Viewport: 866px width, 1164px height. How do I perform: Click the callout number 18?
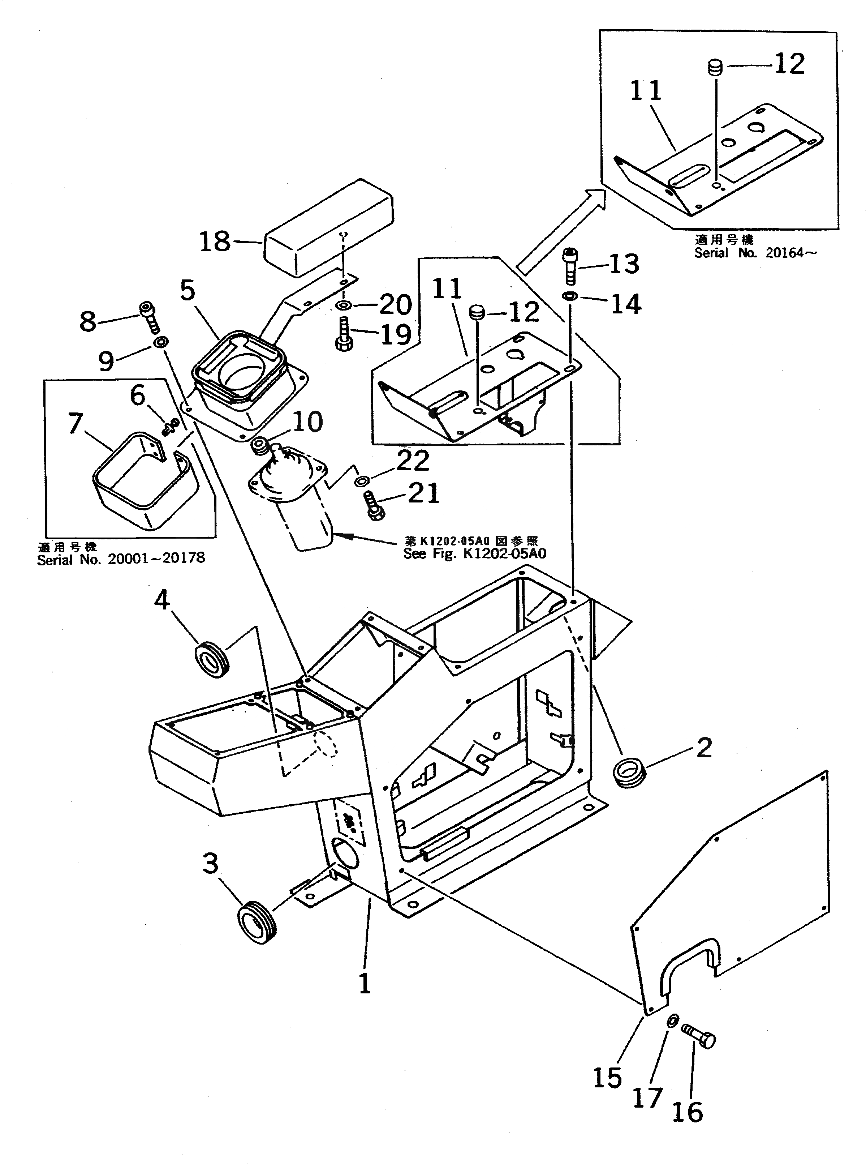point(215,242)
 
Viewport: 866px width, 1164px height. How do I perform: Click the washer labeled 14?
point(570,296)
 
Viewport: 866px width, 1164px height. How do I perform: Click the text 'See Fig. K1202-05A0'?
point(474,553)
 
